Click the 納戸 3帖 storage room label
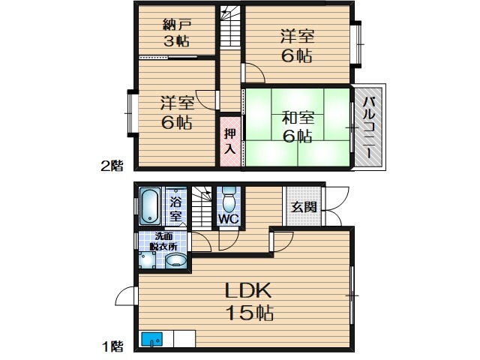(x=177, y=33)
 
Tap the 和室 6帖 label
(x=298, y=127)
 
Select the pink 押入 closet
(x=230, y=142)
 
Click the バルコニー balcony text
(x=368, y=127)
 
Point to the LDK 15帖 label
(x=249, y=301)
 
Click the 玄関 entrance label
(x=303, y=208)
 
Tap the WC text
(x=229, y=218)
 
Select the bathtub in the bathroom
(x=150, y=206)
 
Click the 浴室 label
(x=176, y=209)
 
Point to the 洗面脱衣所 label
(x=163, y=241)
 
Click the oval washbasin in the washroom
(x=176, y=261)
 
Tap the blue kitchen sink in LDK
(x=151, y=339)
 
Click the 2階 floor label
(x=112, y=166)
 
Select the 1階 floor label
(x=112, y=346)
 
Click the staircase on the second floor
(x=230, y=27)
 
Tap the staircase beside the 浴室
(x=202, y=207)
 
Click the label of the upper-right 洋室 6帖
(x=298, y=46)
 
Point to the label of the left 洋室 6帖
(x=177, y=112)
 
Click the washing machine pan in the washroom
(x=148, y=260)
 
